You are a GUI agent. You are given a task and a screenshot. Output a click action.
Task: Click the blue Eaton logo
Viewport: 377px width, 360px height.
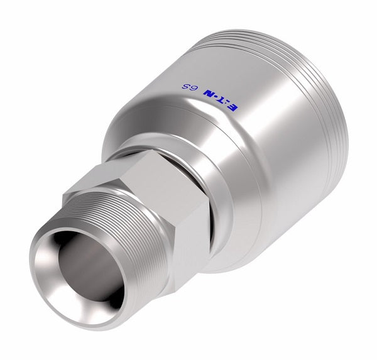click(221, 100)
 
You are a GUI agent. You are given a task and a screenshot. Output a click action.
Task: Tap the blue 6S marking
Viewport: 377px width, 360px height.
click(190, 87)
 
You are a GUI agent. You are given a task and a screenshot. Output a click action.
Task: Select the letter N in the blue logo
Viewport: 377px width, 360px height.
click(209, 94)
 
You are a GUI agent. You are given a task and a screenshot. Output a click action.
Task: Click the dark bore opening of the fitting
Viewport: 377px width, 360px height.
click(91, 267)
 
